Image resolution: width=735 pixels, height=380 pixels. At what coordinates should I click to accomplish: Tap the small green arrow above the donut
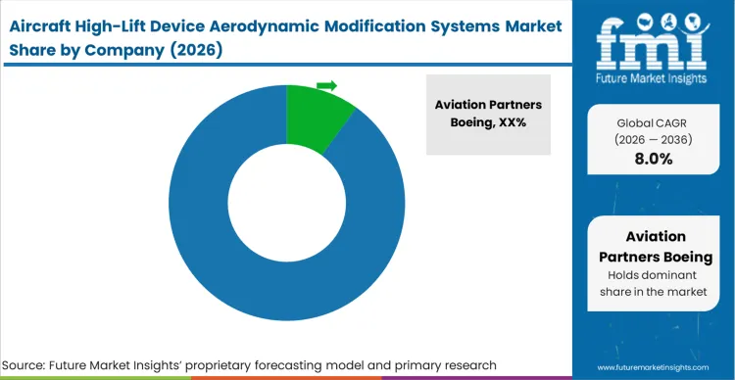pyautogui.click(x=327, y=86)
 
